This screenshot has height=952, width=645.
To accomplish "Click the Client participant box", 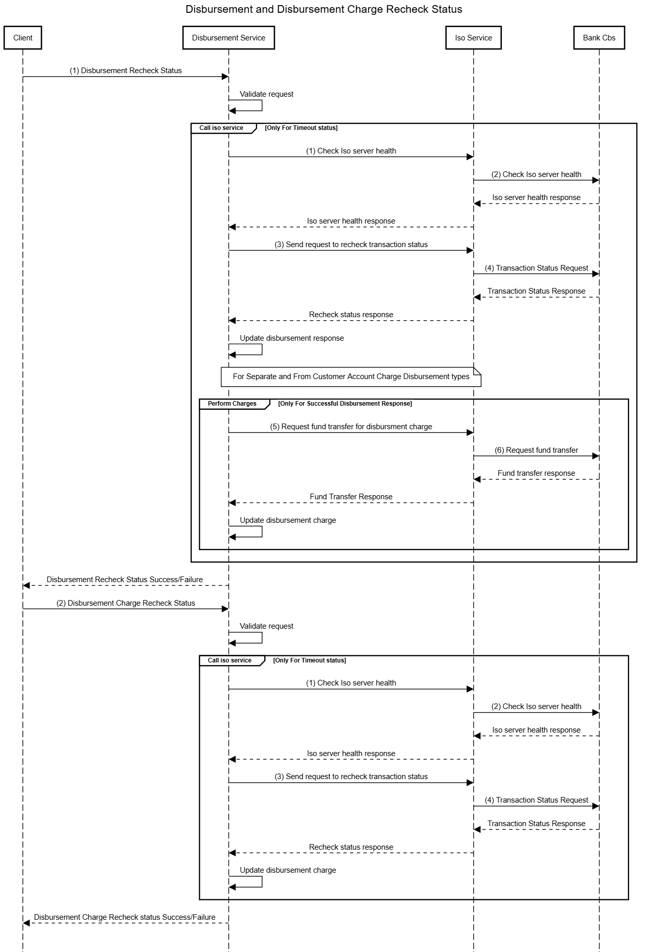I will (22, 38).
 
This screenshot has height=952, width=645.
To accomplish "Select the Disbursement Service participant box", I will (228, 38).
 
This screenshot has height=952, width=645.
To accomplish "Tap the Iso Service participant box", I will (473, 38).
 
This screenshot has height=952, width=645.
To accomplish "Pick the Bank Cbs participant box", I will (599, 38).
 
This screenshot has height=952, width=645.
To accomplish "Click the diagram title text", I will (324, 9).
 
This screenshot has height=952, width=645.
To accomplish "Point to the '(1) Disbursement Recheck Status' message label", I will (126, 71).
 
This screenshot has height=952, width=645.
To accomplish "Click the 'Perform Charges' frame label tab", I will (232, 404).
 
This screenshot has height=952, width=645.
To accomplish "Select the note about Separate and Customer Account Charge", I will (351, 377).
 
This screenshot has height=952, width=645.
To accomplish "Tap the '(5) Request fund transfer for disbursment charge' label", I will (351, 427).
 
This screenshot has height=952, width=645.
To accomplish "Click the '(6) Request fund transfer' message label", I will (536, 450).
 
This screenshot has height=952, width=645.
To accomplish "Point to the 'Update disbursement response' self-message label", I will (292, 338).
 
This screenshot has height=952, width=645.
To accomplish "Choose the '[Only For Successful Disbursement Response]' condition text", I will (345, 404).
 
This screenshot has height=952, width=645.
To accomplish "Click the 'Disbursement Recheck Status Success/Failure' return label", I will (125, 580).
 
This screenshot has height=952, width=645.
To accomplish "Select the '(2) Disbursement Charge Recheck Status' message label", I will (126, 603).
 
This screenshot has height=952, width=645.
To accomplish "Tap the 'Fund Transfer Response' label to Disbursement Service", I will (351, 497).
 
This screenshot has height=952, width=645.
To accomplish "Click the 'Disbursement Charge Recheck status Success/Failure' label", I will (125, 917).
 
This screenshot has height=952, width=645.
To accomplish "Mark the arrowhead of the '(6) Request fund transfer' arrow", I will (595, 456).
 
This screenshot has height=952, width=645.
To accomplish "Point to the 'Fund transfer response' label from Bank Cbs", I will (536, 473).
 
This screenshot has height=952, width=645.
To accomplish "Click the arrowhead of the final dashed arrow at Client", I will (27, 923).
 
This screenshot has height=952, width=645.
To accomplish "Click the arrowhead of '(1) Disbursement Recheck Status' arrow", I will (224, 77).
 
